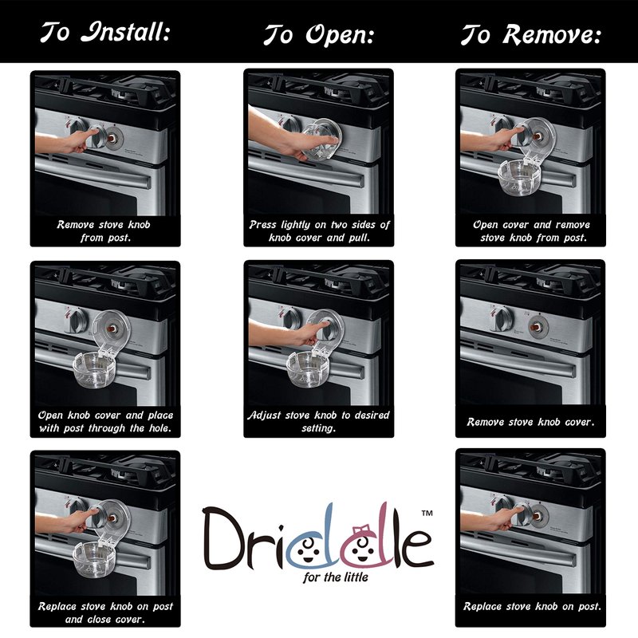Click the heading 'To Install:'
(x=105, y=32)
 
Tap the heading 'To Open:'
(x=318, y=34)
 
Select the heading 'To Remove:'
(x=530, y=34)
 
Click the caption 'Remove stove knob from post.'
(x=104, y=230)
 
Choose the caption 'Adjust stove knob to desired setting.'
(x=318, y=421)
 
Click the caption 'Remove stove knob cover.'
(x=530, y=422)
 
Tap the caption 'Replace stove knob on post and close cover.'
(x=105, y=612)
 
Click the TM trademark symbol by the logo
(x=427, y=513)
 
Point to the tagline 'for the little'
(x=336, y=577)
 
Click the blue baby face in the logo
(x=308, y=549)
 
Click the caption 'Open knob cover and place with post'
(x=105, y=422)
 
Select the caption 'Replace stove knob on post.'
(x=532, y=606)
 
